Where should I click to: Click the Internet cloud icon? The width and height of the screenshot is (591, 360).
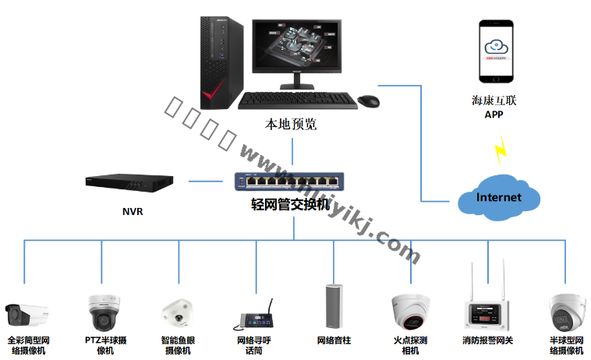click(499, 198)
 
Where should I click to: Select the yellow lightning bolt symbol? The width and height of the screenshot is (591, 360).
click(503, 148)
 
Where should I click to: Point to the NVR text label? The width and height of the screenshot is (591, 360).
click(133, 211)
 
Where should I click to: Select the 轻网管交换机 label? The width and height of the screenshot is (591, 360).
click(290, 205)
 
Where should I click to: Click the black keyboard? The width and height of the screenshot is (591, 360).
click(296, 101)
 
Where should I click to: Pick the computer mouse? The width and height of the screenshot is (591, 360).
click(369, 101)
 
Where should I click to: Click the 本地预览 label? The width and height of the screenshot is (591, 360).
click(291, 124)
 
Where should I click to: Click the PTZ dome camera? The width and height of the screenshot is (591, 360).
click(104, 312)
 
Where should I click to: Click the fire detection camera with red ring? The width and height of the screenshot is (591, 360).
click(411, 312)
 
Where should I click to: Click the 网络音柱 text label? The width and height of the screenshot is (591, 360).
click(334, 341)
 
